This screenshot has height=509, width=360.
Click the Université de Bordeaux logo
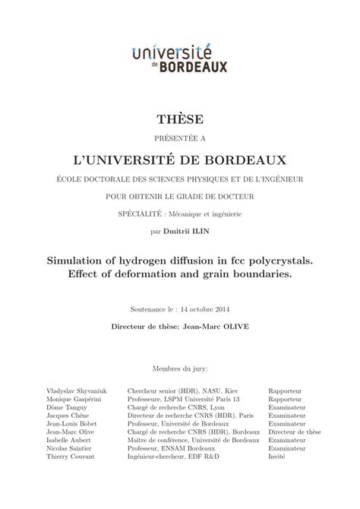point(179,57)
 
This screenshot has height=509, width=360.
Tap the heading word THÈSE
point(180,119)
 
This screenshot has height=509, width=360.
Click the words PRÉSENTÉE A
point(180,139)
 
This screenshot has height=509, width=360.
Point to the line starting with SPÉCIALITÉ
point(180,213)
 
